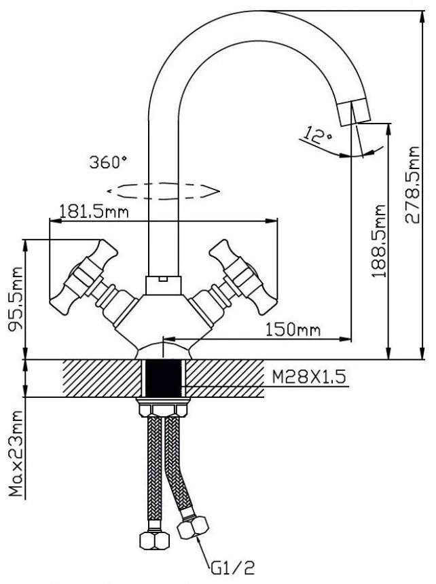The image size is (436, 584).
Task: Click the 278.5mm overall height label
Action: click(413, 185)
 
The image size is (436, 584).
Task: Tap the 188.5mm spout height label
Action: click(379, 240)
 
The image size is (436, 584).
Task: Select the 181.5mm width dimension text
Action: click(94, 212)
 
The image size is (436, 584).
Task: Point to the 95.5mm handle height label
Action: click(16, 299)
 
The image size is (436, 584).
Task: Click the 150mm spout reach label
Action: click(293, 329)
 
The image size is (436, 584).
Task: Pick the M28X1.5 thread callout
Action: click(309, 377)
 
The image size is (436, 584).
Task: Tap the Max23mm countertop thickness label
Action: click(16, 454)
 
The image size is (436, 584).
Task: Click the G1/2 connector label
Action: click(233, 568)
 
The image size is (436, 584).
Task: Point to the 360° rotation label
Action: click(108, 162)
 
